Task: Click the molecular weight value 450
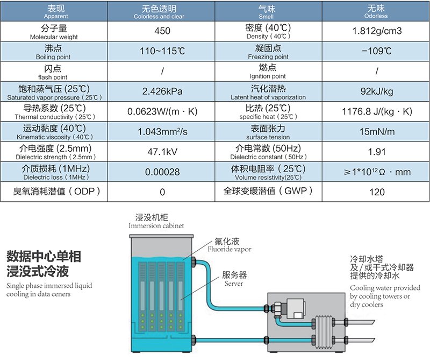coord(162,31)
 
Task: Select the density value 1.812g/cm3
coord(377,31)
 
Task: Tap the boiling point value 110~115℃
coord(162,51)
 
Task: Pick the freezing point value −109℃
coord(377,51)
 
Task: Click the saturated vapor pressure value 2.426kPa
coord(162,91)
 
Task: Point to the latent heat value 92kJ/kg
coord(377,91)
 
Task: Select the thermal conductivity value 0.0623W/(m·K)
coord(162,111)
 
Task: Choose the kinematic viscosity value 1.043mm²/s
coord(162,131)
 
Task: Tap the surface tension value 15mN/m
coord(377,131)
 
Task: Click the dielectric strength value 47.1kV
coord(162,152)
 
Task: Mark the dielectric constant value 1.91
coord(377,152)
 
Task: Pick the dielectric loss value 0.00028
coord(162,172)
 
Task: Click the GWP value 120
coord(377,192)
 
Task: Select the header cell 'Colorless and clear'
coord(159,17)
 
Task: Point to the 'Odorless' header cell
coord(376,16)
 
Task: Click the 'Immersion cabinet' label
coord(156,225)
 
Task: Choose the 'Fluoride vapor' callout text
coord(230,249)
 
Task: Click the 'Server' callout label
coord(234,284)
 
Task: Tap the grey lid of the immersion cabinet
coord(161,236)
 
